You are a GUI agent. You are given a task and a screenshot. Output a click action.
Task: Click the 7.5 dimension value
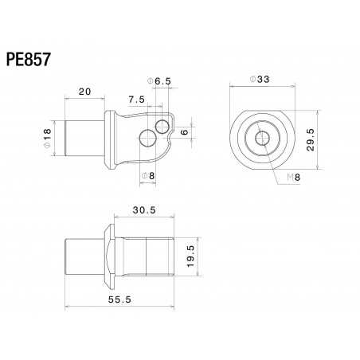[x=136, y=100]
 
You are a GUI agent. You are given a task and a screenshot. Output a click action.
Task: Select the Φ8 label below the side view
[x=148, y=175]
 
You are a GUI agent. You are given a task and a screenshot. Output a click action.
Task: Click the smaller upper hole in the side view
[x=163, y=126]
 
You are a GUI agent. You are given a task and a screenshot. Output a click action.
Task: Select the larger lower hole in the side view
[x=147, y=139]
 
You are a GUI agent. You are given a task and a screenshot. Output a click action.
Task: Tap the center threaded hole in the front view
[x=260, y=138]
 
